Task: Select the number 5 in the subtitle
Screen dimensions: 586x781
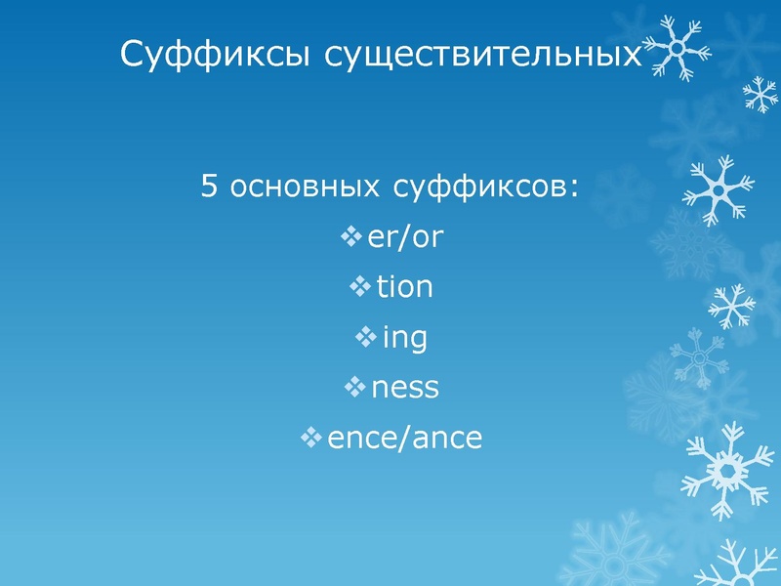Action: (209, 186)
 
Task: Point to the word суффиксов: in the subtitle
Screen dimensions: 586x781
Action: (488, 186)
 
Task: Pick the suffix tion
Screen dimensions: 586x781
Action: (404, 287)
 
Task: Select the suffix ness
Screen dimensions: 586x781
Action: (404, 389)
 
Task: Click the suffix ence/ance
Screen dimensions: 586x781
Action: (404, 439)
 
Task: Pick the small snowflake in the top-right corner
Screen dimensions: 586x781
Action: (760, 94)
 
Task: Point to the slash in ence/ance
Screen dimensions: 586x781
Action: (408, 439)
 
